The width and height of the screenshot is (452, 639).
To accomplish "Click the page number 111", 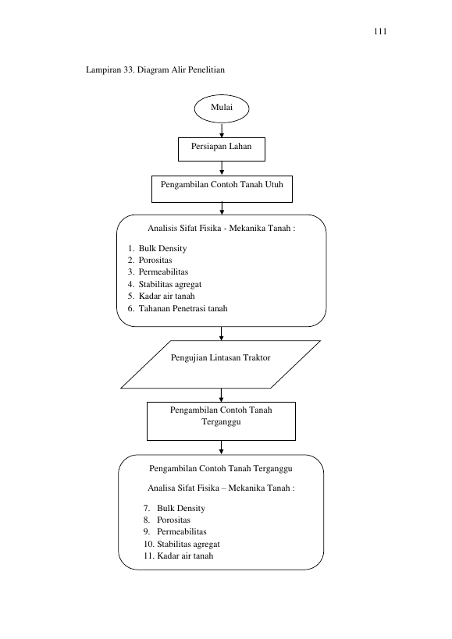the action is [x=380, y=31].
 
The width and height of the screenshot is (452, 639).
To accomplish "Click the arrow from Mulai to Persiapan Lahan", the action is [x=222, y=130].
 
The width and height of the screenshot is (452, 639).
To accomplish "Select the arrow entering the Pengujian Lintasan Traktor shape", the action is [x=221, y=333].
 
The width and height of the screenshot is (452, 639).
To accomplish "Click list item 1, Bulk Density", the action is [x=158, y=249].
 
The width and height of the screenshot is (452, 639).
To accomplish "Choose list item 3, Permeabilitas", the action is [x=158, y=272].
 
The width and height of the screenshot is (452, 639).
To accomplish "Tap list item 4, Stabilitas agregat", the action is [x=165, y=284].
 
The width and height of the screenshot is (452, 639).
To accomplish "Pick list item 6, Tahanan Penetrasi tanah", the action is [x=178, y=308].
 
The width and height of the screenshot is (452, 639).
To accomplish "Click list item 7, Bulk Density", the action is [x=174, y=508].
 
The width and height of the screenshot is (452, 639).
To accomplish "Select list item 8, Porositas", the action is [x=167, y=520].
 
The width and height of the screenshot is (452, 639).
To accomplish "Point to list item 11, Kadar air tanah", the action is [x=179, y=556].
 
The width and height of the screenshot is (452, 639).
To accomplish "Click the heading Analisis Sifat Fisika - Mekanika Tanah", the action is [x=221, y=228].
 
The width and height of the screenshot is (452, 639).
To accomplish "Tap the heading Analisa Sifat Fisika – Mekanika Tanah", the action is [x=221, y=488].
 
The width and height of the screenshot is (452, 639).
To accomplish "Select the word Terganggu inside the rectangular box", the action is [x=221, y=422].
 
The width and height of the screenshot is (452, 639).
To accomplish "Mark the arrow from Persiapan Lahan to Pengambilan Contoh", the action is [x=222, y=169].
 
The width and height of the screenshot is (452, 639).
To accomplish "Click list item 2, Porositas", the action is [x=150, y=260].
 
